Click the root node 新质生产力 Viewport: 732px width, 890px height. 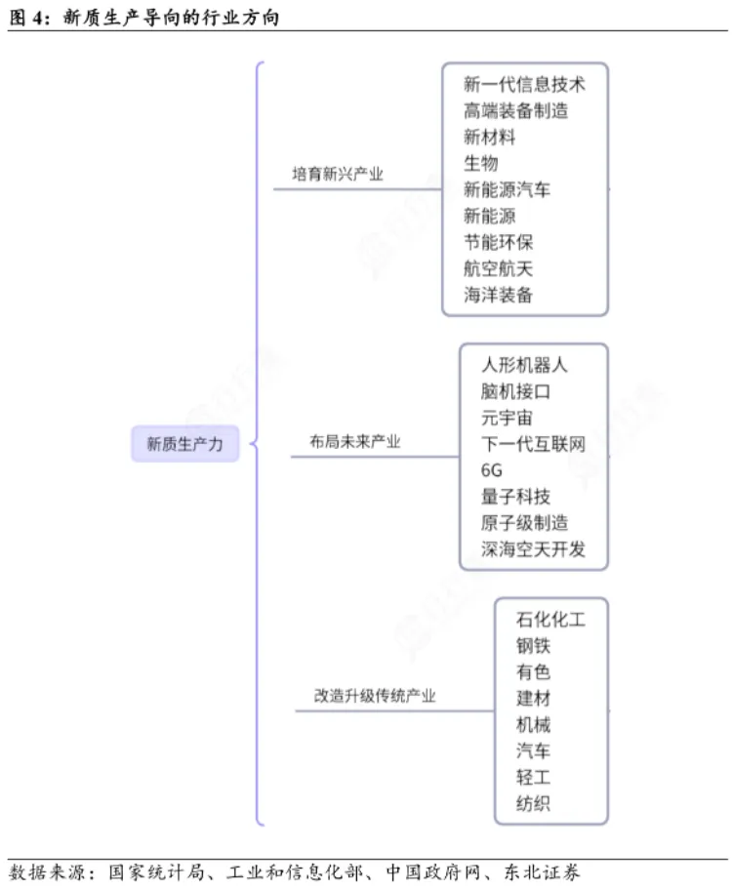click(185, 444)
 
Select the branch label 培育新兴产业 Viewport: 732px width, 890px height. click(338, 175)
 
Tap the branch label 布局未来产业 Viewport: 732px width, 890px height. click(347, 442)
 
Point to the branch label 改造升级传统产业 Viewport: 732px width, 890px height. click(375, 696)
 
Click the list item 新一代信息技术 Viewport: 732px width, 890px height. click(524, 84)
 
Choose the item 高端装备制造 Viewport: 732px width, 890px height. click(515, 110)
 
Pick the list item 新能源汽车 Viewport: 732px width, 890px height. click(507, 189)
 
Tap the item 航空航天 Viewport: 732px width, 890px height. click(498, 268)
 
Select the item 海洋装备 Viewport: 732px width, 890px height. click(498, 295)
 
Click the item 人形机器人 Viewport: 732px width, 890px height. click(524, 365)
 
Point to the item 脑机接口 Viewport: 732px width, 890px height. click(515, 391)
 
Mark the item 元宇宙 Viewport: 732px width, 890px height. click(507, 418)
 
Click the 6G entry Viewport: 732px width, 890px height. click(492, 470)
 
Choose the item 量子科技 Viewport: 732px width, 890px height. click(515, 497)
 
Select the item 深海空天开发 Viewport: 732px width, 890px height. click(533, 549)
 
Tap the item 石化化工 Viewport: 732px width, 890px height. click(550, 619)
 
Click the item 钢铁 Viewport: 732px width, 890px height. click(533, 645)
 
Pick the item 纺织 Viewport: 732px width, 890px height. click(533, 804)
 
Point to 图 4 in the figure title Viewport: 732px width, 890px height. click(27, 16)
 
